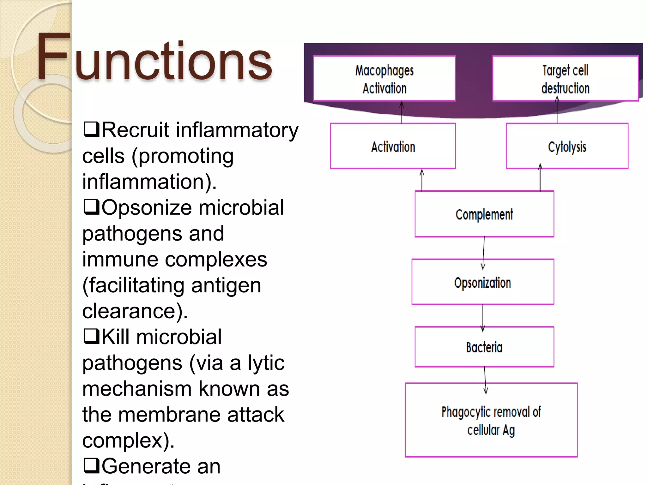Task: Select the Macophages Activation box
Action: click(384, 79)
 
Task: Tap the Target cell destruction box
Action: click(565, 79)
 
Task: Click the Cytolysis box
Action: click(567, 147)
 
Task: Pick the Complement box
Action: click(484, 214)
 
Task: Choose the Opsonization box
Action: click(482, 282)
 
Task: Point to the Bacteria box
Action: click(484, 347)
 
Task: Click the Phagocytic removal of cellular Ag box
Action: click(491, 421)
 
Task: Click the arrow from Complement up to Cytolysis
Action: click(540, 178)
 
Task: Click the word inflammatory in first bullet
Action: click(237, 130)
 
